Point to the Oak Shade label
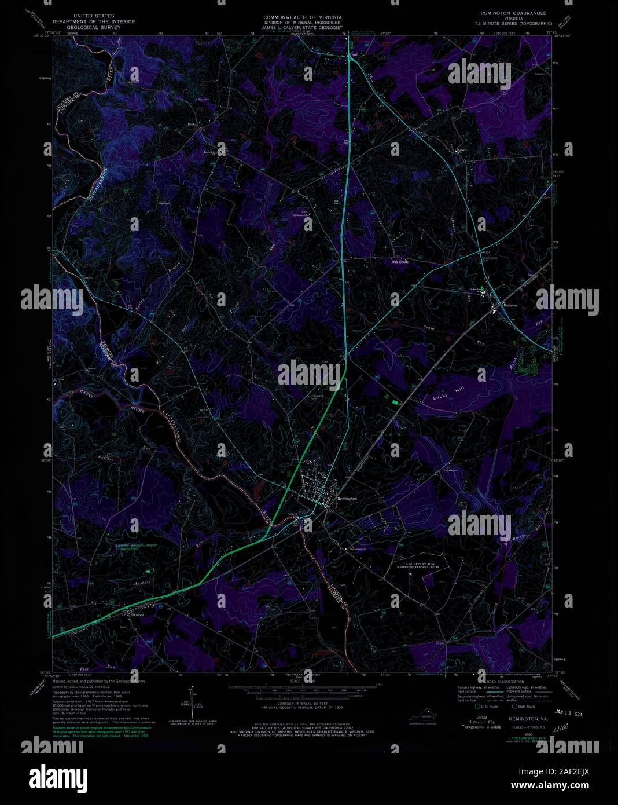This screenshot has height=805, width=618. [x=400, y=262]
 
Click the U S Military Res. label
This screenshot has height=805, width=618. [x=418, y=563]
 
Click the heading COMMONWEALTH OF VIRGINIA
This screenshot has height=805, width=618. [x=301, y=18]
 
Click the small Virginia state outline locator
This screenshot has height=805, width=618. [x=427, y=716]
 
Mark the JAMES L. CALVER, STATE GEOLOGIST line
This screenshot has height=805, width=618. [x=301, y=27]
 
